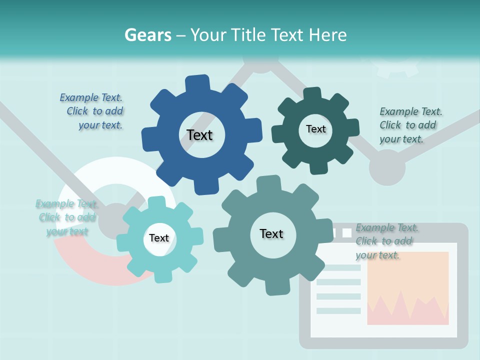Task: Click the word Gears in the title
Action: [x=146, y=35]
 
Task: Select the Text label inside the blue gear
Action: [x=200, y=135]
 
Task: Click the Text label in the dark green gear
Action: [x=315, y=129]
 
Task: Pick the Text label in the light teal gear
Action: [x=159, y=238]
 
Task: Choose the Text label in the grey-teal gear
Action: [x=271, y=233]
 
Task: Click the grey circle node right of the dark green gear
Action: [x=387, y=167]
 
